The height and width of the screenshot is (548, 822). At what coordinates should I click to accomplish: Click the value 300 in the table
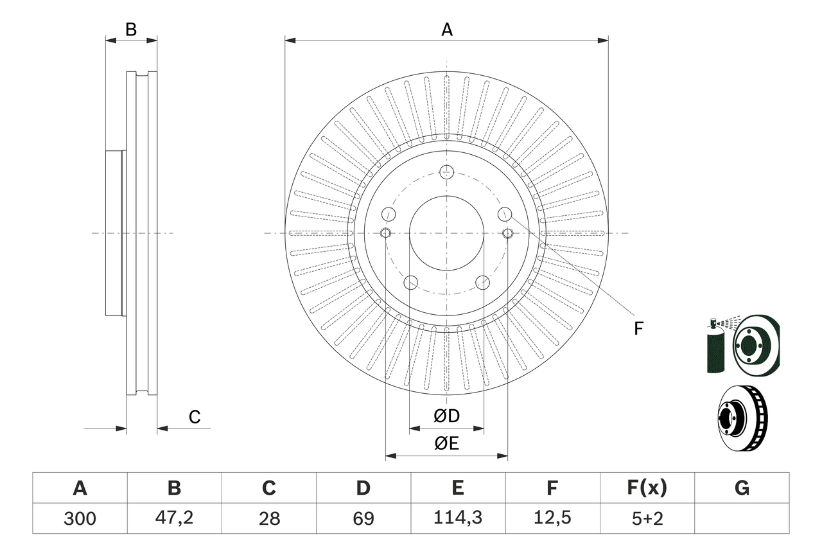pyautogui.click(x=80, y=518)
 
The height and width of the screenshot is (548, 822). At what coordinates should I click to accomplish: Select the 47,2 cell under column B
pyautogui.click(x=174, y=518)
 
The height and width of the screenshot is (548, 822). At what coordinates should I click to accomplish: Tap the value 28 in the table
pyautogui.click(x=268, y=518)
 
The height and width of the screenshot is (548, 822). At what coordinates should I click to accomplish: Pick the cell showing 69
pyautogui.click(x=363, y=518)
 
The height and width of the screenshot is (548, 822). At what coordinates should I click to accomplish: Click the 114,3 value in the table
pyautogui.click(x=457, y=518)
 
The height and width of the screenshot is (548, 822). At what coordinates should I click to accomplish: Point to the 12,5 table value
pyautogui.click(x=552, y=518)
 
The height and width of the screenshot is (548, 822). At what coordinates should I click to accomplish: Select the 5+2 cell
pyautogui.click(x=647, y=518)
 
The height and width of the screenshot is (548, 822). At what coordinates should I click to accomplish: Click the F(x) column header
pyautogui.click(x=647, y=488)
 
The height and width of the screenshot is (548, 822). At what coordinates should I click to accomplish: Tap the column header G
pyautogui.click(x=742, y=488)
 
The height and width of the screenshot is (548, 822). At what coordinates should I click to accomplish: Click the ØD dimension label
pyautogui.click(x=447, y=416)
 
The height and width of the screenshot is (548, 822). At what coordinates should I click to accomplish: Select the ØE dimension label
pyautogui.click(x=447, y=443)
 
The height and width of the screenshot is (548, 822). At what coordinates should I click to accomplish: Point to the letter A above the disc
pyautogui.click(x=447, y=30)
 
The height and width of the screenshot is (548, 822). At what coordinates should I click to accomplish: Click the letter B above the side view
pyautogui.click(x=131, y=30)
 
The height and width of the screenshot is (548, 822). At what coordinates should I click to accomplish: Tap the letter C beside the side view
pyautogui.click(x=195, y=418)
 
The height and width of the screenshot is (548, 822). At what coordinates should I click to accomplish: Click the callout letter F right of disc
pyautogui.click(x=638, y=329)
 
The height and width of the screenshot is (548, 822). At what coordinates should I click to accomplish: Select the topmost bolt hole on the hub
pyautogui.click(x=447, y=172)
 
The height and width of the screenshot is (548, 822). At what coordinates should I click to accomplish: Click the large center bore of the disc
pyautogui.click(x=447, y=233)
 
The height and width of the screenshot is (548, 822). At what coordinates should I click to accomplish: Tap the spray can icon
pyautogui.click(x=714, y=347)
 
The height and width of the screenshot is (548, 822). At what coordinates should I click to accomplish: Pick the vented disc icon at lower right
pyautogui.click(x=742, y=418)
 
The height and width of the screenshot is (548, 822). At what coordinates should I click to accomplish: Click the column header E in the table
pyautogui.click(x=457, y=488)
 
